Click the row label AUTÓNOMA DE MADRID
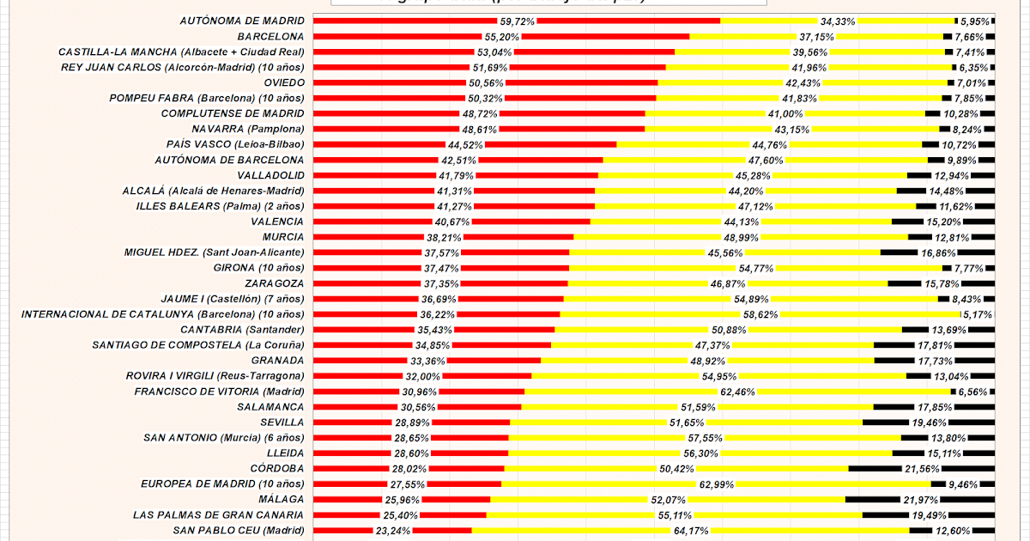coord(241,21)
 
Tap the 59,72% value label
coord(517,21)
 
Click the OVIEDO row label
coord(283,82)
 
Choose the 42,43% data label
coord(803,82)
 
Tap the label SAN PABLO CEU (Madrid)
coord(239,530)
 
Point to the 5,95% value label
coord(975,21)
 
